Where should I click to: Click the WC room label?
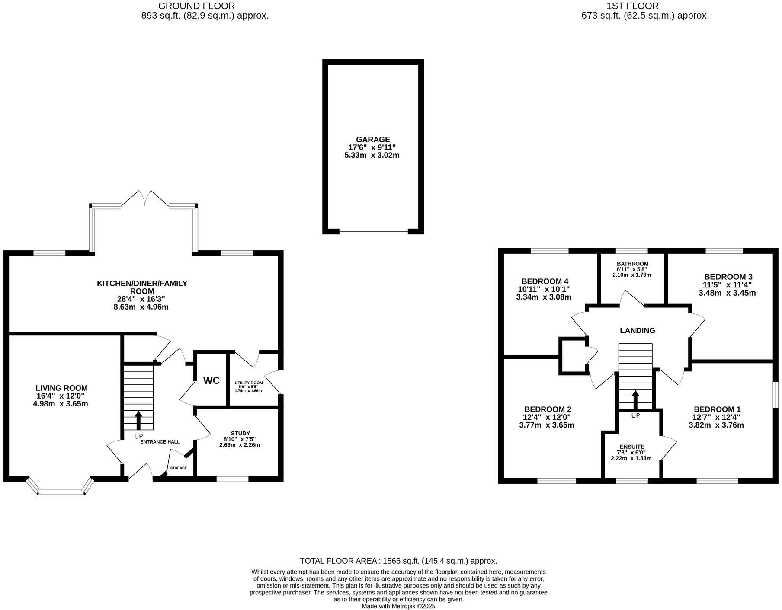click(x=212, y=380)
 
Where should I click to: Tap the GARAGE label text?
click(x=373, y=140)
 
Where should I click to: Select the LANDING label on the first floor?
click(x=637, y=331)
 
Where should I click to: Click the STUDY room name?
click(x=240, y=433)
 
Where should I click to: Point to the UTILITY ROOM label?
click(x=249, y=383)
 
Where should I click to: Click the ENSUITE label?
click(x=632, y=447)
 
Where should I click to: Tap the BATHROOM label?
click(x=632, y=264)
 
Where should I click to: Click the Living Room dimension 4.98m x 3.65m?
click(x=61, y=404)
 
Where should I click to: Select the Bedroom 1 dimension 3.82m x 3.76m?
click(x=716, y=425)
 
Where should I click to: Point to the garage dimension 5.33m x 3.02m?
click(x=372, y=155)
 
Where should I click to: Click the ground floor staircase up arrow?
click(x=138, y=421)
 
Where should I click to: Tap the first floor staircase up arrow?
click(x=635, y=400)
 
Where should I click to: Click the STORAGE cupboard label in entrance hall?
click(x=179, y=468)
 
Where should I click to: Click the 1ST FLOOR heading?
click(x=632, y=6)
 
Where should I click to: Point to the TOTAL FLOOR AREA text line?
click(x=398, y=561)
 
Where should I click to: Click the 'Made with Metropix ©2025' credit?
click(x=398, y=606)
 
